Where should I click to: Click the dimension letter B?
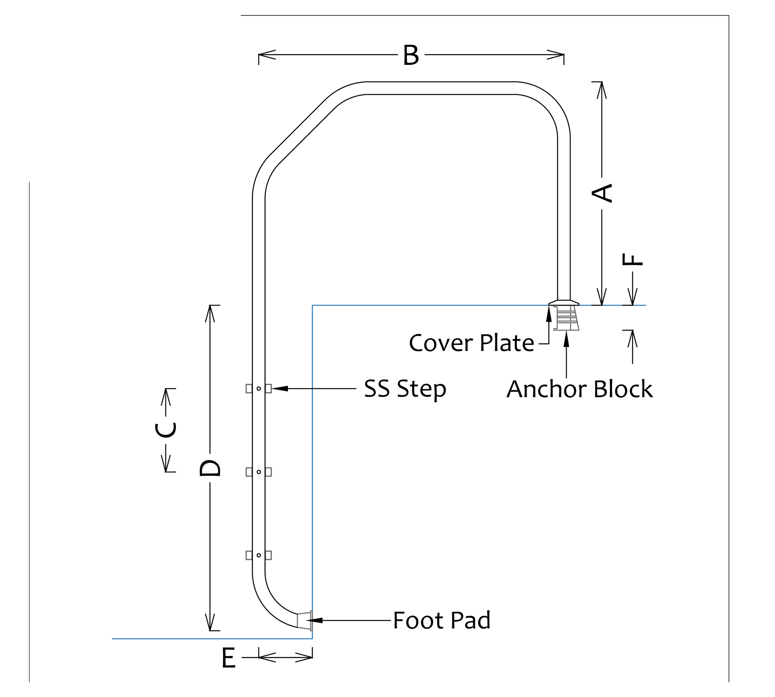(x=411, y=55)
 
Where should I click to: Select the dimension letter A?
(x=602, y=193)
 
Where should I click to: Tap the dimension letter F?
(x=632, y=259)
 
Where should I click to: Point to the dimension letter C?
(x=166, y=430)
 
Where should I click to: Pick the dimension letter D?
(x=210, y=468)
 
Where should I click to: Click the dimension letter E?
(x=229, y=658)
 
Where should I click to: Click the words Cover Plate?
(x=472, y=343)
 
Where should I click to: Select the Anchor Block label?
(x=580, y=389)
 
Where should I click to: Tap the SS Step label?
(x=405, y=389)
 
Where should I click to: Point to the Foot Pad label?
(x=442, y=620)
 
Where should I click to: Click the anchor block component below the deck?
(x=566, y=318)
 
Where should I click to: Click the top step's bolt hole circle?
(x=259, y=388)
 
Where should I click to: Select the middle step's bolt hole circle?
(x=259, y=472)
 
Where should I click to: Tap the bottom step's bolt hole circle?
(x=259, y=555)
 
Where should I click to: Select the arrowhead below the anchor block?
(x=566, y=339)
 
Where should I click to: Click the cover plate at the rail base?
(x=564, y=302)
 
